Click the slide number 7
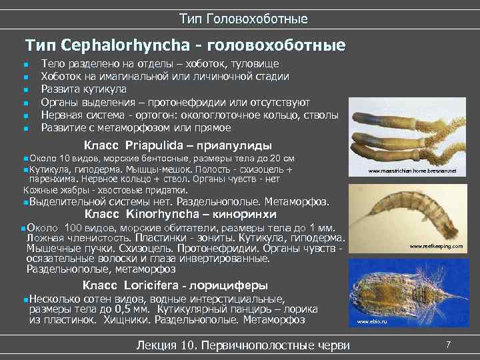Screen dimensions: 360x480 point(449,344)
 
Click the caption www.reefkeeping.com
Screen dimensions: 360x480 point(436,246)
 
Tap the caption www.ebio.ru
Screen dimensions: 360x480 point(372,322)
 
